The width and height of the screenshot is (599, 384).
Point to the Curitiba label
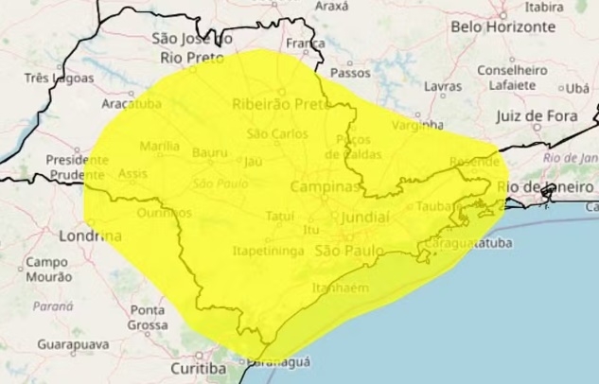[198, 367]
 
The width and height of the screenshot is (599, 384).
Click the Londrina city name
[90, 235]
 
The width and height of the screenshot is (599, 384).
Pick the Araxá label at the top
[331, 6]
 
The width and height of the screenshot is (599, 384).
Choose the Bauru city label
[209, 151]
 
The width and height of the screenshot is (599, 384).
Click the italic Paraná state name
[53, 305]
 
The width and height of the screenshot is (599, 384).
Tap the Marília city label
[158, 147]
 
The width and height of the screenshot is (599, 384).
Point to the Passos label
[350, 71]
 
